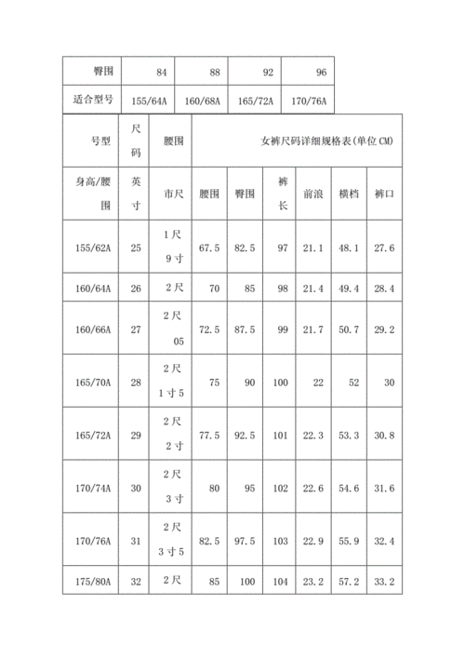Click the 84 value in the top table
pos(162,72)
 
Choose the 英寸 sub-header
pos(136,193)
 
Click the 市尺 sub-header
pos(173,194)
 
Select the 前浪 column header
pos(312,194)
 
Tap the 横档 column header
pos(349,194)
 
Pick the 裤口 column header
pos(383,194)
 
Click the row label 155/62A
pos(92,248)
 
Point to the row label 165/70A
pos(92,382)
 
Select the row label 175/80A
pos(92,583)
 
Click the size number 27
pos(136,329)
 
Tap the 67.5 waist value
pos(209,248)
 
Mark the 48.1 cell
pos(349,248)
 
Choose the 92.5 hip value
pos(245,436)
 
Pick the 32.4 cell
pos(383,541)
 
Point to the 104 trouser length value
pos(281,583)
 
